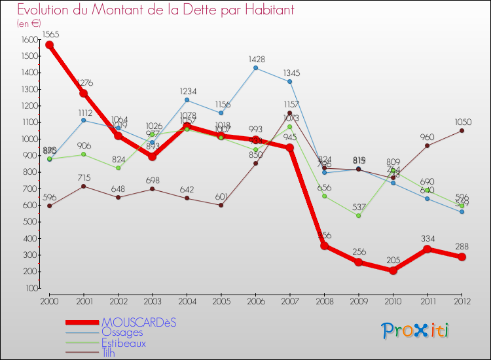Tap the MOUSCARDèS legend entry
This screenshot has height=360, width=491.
click(x=139, y=323)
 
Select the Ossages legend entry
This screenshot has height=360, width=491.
click(x=123, y=333)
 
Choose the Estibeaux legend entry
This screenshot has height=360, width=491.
click(x=124, y=342)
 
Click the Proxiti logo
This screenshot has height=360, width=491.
click(x=416, y=331)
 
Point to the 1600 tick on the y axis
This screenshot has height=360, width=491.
click(x=29, y=40)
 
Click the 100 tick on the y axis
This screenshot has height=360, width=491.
click(x=31, y=288)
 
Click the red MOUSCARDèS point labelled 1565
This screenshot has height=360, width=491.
click(x=49, y=45)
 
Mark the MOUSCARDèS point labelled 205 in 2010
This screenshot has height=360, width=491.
click(x=393, y=270)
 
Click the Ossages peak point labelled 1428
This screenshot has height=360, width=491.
click(x=255, y=68)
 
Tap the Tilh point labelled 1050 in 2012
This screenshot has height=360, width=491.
click(x=462, y=130)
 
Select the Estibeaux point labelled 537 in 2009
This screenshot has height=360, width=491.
click(x=358, y=215)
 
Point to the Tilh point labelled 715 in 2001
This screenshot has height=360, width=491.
click(x=83, y=186)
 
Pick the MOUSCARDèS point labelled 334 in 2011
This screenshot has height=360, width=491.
click(x=427, y=249)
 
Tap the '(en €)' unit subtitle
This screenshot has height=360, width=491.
click(x=29, y=23)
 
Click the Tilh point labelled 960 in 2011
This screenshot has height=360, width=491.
click(x=427, y=145)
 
